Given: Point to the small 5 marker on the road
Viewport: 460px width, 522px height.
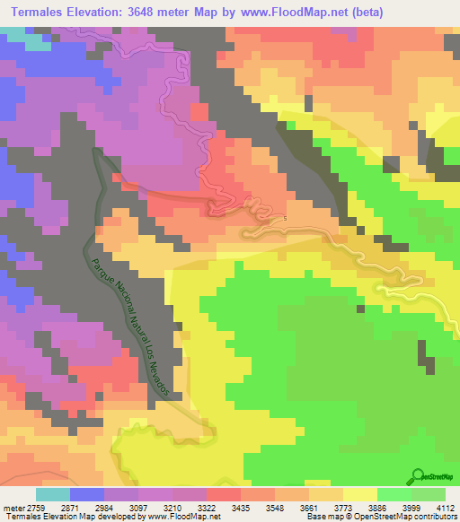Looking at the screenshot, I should (286, 218).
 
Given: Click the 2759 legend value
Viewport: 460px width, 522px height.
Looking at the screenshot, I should (39, 507).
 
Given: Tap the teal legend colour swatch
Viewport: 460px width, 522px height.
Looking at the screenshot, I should (53, 494).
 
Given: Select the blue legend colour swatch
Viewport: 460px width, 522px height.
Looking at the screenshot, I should (86, 494).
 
